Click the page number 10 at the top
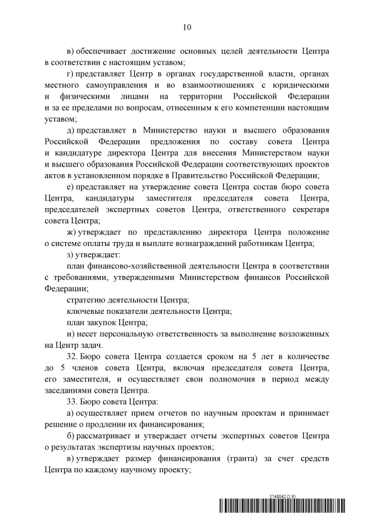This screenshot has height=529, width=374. [187, 27]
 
